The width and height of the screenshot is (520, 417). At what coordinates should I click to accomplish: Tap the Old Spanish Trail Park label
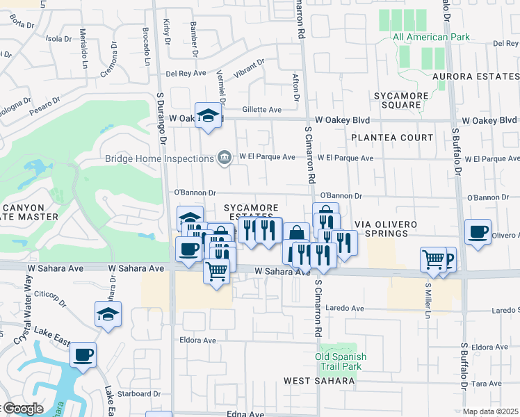coord(341,361)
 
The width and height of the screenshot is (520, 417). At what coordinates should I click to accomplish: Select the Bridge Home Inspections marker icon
coord(225,158)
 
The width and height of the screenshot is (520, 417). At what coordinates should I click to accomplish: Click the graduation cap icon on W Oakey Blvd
coord(208,117)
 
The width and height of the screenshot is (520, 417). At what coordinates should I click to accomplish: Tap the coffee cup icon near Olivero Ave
coord(478,232)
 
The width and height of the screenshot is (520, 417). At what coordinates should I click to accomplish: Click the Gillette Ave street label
coord(261,110)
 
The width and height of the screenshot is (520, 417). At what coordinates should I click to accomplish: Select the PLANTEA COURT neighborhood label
coord(391,138)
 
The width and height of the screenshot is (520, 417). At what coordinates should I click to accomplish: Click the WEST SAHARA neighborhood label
coord(319,381)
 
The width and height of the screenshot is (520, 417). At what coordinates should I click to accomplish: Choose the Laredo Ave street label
coord(346,309)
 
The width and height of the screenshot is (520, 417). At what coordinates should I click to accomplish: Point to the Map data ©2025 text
coord(491,411)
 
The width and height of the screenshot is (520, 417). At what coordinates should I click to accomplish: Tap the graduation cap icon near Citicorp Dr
coord(108,315)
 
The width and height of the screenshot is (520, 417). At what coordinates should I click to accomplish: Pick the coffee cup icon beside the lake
coord(83,356)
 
